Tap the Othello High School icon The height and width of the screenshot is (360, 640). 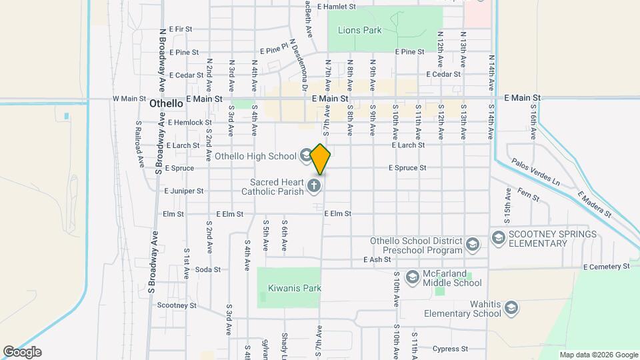pyautogui.click(x=306, y=156)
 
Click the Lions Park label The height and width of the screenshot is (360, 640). pyautogui.click(x=359, y=30)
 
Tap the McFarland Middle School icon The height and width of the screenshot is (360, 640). pyautogui.click(x=413, y=276)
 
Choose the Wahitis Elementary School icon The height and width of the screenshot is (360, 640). pyautogui.click(x=511, y=307)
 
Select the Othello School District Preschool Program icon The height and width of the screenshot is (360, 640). pyautogui.click(x=473, y=245)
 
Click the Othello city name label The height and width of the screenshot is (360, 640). pyautogui.click(x=166, y=103)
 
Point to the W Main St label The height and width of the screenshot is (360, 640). pyautogui.click(x=129, y=99)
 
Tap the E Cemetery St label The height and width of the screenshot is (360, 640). pyautogui.click(x=606, y=267)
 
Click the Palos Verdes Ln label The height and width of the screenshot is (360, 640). pyautogui.click(x=535, y=171)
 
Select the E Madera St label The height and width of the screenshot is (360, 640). pyautogui.click(x=594, y=205)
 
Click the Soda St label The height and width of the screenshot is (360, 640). pyautogui.click(x=207, y=269)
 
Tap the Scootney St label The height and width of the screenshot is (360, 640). pyautogui.click(x=177, y=305)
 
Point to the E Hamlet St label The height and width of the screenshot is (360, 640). pyautogui.click(x=337, y=6)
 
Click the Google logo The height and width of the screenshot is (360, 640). pyautogui.click(x=22, y=352)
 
